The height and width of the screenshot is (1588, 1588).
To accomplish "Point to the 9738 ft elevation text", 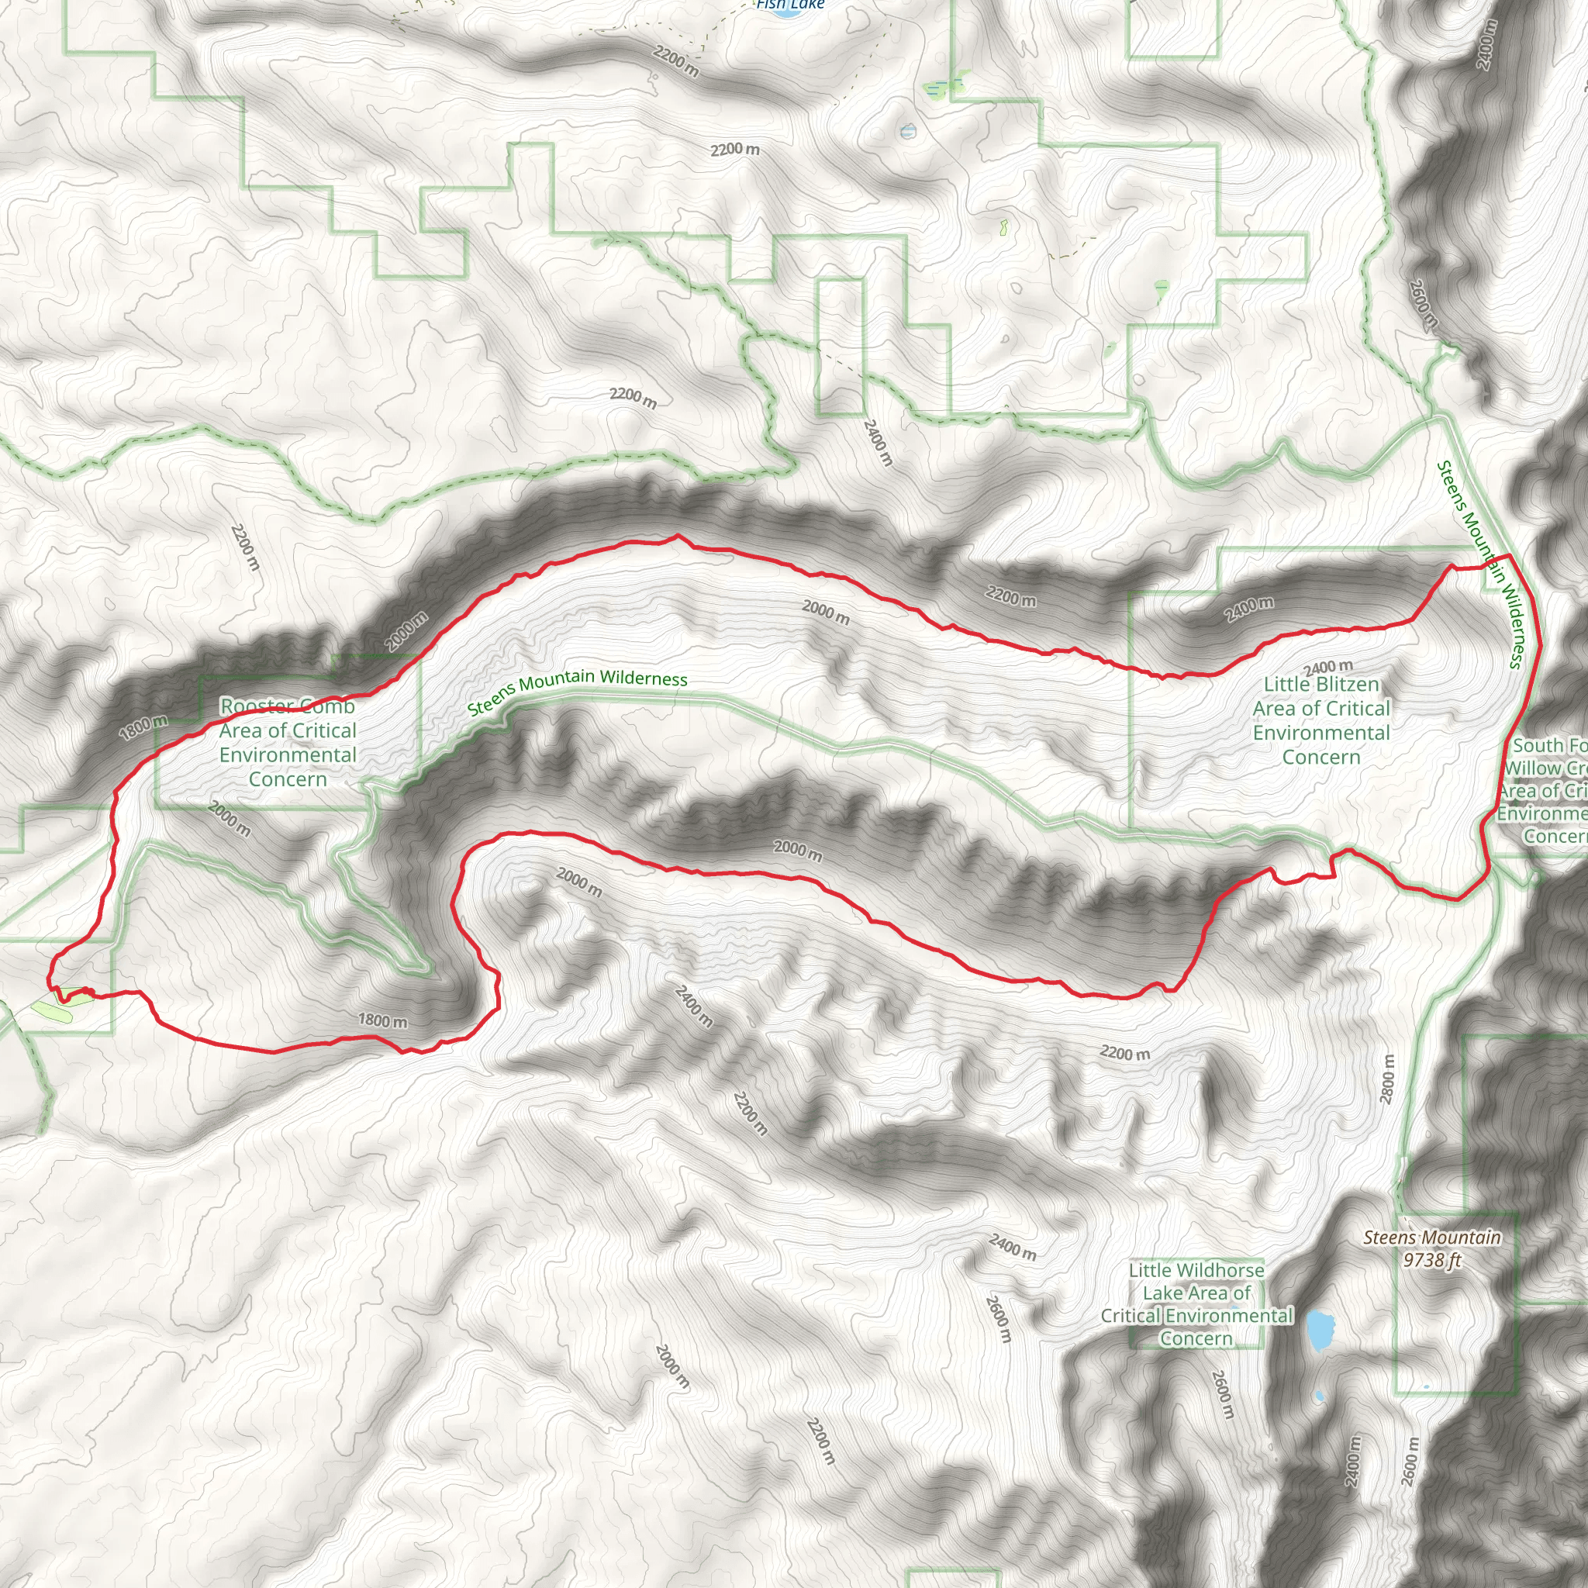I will [x=1432, y=1260].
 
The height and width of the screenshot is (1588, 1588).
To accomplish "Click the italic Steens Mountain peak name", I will [x=1432, y=1238].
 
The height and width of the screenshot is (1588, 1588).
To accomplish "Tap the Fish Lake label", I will [x=790, y=5].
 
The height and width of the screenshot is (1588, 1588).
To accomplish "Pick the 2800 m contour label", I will [x=1387, y=1079].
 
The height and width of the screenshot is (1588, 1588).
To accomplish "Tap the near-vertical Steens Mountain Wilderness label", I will [x=1480, y=564].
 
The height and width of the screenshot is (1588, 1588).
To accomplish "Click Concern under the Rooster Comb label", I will [x=288, y=779].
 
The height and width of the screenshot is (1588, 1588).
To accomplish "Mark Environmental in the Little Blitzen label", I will [x=1320, y=734].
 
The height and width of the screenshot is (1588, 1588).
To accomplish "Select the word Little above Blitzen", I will [x=1292, y=685].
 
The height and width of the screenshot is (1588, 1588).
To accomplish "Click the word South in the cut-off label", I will [x=1537, y=745].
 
